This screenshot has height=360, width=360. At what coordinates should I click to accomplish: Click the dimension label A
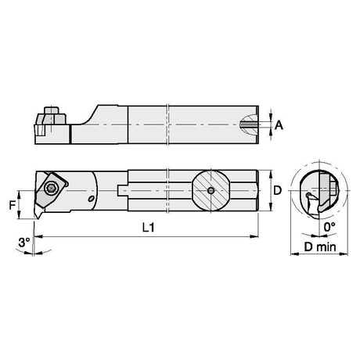coord(279,125)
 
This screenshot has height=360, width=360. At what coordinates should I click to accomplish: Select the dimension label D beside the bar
coord(278,190)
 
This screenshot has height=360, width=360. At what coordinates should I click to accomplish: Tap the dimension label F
coord(13,205)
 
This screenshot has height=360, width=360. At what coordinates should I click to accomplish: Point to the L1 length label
coord(149,228)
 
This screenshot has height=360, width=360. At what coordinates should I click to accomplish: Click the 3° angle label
coord(24,243)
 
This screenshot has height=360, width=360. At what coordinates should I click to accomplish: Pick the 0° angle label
coord(329,227)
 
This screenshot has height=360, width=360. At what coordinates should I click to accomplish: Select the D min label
coord(320,247)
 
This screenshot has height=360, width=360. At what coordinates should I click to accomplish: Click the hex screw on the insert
coord(50,188)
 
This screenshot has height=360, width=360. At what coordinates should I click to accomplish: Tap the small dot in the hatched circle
coord(211,191)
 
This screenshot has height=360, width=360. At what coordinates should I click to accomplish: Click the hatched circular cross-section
coord(211,191)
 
